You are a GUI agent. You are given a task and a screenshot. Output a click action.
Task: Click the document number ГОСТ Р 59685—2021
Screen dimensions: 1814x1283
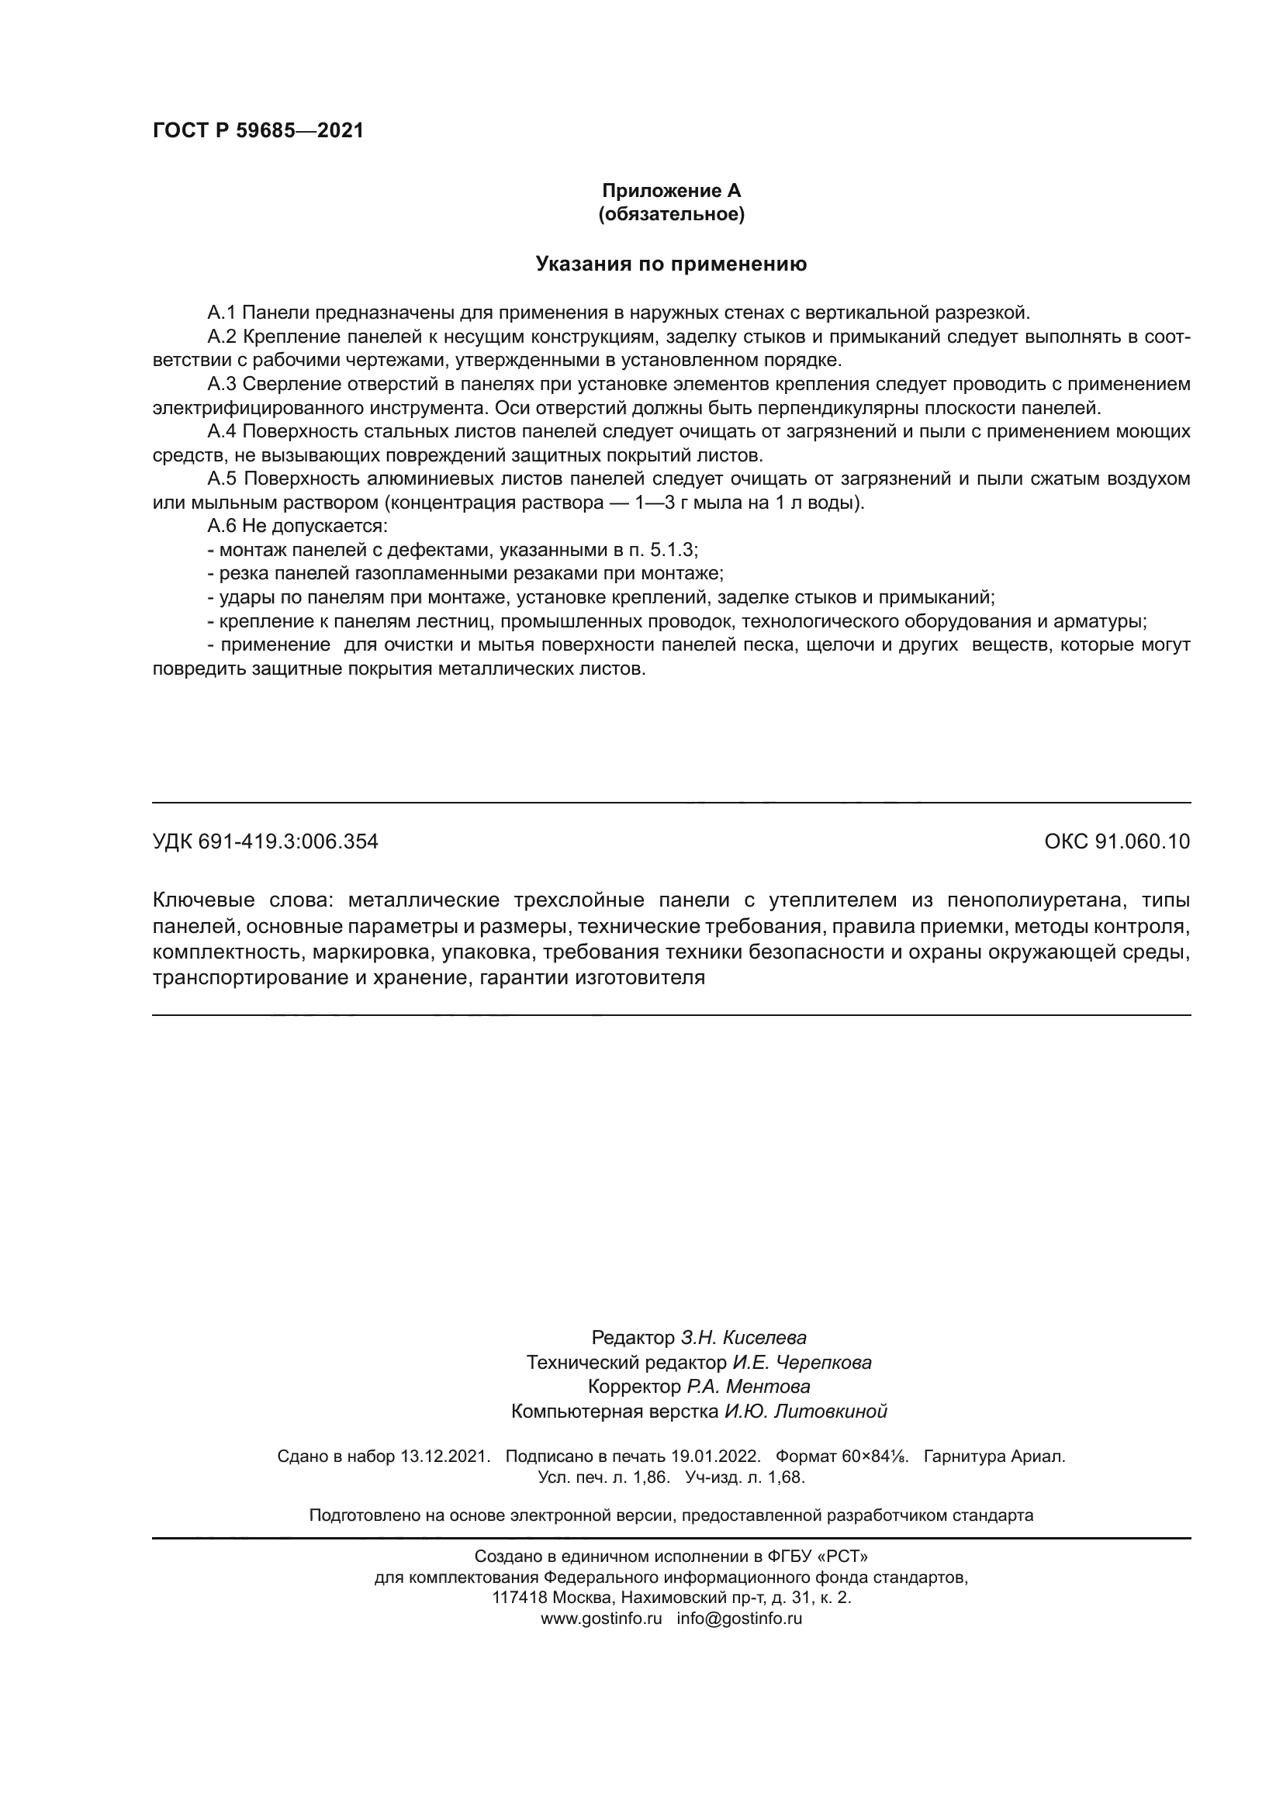pos(258,130)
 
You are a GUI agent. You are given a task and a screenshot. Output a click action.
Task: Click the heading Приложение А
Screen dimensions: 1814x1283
pos(671,191)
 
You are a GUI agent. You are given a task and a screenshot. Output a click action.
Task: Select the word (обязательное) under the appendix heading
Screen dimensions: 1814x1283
pos(671,214)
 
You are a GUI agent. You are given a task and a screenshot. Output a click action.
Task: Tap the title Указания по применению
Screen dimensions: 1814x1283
pos(671,264)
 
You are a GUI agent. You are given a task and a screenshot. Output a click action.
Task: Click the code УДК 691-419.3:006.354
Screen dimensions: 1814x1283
pos(265,842)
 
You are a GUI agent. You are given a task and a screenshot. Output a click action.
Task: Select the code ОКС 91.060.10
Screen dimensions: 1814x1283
pos(1116,842)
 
